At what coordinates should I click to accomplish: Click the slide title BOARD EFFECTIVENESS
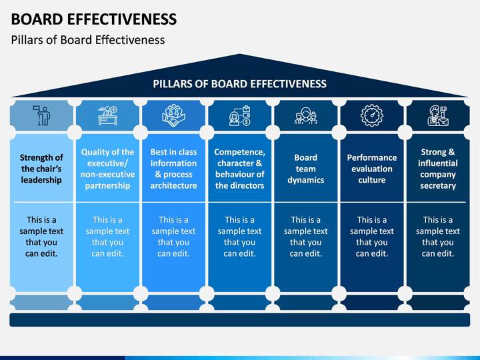click(94, 19)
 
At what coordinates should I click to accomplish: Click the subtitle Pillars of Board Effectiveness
click(88, 40)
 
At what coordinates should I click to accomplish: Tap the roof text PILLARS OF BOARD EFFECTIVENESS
click(240, 84)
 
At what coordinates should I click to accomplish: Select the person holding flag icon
click(41, 115)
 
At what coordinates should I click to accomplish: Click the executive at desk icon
click(108, 115)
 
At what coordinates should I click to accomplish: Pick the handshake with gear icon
click(173, 116)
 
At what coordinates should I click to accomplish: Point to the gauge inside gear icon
click(372, 115)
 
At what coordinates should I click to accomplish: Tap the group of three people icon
click(306, 116)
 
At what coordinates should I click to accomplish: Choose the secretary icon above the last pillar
click(438, 115)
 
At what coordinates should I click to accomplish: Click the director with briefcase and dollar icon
click(240, 116)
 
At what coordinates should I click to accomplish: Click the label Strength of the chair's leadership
click(41, 169)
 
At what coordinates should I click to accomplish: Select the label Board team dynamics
click(306, 169)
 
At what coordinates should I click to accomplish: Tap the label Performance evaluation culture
click(372, 169)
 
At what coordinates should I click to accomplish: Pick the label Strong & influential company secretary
click(438, 169)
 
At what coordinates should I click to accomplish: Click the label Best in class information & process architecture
click(173, 169)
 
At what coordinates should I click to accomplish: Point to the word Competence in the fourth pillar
click(240, 152)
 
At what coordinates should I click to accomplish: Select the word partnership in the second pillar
click(108, 185)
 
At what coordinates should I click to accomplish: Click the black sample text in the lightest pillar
click(41, 237)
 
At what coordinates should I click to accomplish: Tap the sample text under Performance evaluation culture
click(372, 237)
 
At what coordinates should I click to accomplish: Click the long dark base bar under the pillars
click(240, 319)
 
